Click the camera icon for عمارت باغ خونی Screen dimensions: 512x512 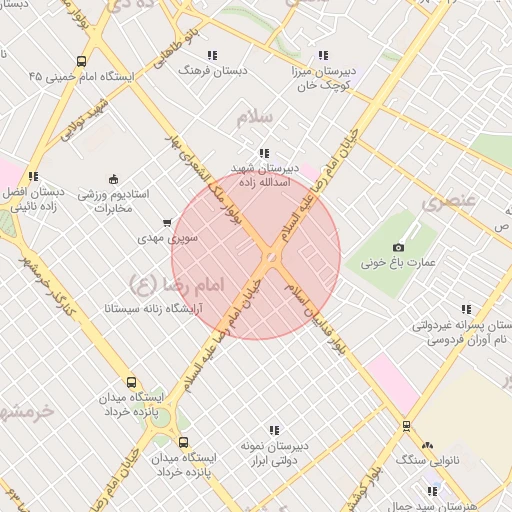tap(399, 247)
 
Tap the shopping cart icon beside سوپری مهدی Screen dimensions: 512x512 tap(166, 223)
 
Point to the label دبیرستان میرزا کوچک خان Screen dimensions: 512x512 tap(322, 79)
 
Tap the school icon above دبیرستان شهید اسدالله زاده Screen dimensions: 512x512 tap(263, 153)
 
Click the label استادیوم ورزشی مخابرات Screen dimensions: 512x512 tap(112, 201)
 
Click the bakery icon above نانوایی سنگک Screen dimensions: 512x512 tap(428, 445)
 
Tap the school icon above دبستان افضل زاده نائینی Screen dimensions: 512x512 tap(33, 176)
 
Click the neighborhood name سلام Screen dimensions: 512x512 tap(255, 118)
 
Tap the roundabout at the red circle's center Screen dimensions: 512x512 tap(270, 260)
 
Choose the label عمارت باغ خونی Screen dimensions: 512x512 tap(400, 264)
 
